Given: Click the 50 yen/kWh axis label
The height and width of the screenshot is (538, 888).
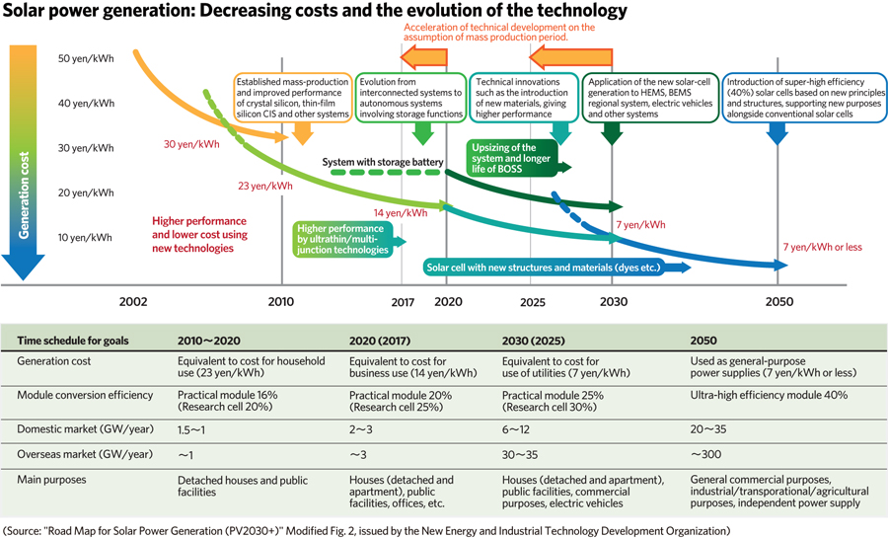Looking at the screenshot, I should click(x=87, y=58).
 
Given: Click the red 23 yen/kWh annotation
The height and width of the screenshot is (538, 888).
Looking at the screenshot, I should click(x=265, y=185).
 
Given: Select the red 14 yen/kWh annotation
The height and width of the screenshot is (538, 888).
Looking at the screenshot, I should click(x=401, y=212).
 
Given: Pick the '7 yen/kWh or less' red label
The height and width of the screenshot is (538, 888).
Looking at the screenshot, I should click(x=822, y=246).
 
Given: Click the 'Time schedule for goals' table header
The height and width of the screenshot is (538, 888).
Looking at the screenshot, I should click(x=72, y=341).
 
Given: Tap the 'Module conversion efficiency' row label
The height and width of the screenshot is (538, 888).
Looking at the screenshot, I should click(x=85, y=394).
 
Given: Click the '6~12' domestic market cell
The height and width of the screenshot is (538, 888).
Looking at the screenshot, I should click(x=517, y=430).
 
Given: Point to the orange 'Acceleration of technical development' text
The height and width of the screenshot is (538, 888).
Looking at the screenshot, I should click(x=498, y=33).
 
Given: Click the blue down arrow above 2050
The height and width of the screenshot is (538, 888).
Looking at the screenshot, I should click(x=777, y=133).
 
